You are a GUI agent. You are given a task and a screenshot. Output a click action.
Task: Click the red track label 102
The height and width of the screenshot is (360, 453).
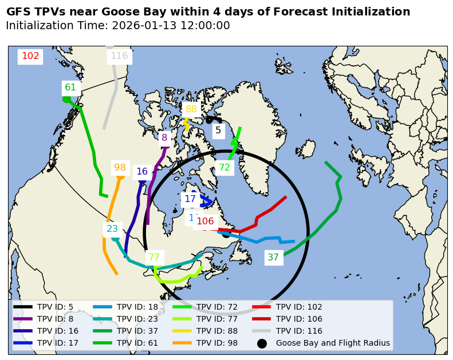tap(30, 56)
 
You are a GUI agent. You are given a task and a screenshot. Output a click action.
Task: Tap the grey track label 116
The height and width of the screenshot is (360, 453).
tap(119, 56)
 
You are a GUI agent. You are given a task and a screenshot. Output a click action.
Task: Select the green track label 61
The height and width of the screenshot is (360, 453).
tap(70, 88)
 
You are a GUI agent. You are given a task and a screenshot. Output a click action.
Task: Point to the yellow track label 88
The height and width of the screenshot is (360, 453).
tap(191, 109)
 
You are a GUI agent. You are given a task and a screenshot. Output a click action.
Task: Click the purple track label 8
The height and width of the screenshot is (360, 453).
tap(164, 137)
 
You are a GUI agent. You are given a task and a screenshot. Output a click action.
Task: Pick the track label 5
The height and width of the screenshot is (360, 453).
tap(218, 130)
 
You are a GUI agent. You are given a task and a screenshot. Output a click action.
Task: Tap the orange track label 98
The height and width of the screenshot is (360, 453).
tap(120, 168)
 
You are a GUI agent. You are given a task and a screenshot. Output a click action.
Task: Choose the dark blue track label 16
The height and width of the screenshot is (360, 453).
tap(142, 172)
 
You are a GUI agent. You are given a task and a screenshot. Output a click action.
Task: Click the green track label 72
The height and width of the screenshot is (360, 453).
tap(224, 168)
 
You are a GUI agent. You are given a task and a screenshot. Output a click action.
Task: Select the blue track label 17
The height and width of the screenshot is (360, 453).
tap(190, 199)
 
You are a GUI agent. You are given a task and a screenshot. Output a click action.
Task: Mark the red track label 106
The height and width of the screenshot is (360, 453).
tap(205, 221)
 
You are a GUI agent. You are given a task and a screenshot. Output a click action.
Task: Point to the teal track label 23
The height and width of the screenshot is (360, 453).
tap(112, 229)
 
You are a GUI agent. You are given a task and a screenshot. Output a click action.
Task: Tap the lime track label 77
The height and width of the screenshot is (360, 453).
tap(154, 258)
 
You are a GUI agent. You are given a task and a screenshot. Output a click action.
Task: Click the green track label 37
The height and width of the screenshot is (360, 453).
tap(273, 258)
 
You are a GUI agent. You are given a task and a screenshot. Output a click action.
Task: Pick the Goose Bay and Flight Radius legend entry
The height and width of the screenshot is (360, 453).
tap(333, 343)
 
